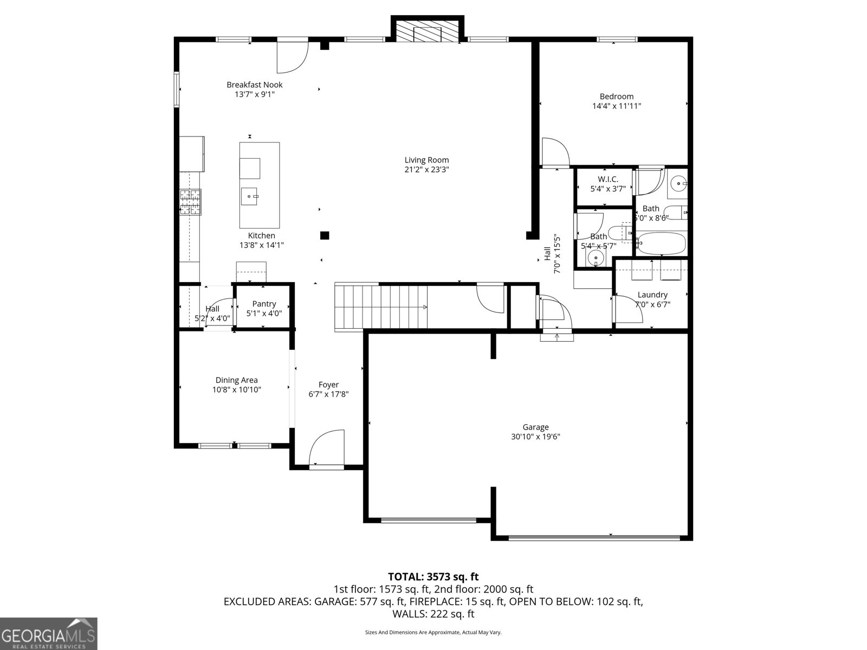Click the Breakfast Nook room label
coord(254,84)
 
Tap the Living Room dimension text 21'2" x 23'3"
coord(426,170)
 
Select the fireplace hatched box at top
coord(427,31)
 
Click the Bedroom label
coord(616,96)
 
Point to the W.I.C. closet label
coord(607,179)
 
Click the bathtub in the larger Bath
coord(661,244)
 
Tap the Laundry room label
coord(652,295)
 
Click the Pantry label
coord(264,304)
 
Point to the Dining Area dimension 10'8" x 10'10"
coord(236,389)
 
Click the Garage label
coord(535,427)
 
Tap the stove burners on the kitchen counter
coord(190,202)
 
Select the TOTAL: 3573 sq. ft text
coord(433,577)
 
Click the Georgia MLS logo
coord(48,633)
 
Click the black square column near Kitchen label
coord(325,235)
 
